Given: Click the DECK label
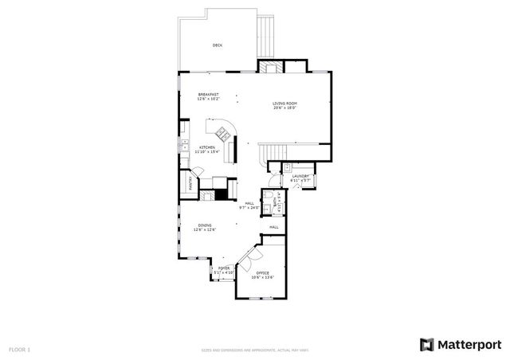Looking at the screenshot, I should [x=218, y=45].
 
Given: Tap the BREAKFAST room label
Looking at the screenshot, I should [x=209, y=95].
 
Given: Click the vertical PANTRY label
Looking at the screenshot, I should [x=191, y=183].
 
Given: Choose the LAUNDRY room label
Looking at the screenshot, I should [x=300, y=176].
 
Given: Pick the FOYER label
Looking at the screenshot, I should [x=224, y=268].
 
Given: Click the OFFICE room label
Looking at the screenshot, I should [x=262, y=273].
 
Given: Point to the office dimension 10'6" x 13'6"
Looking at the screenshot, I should [x=262, y=278].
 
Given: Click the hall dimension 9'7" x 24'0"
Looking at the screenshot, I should [x=249, y=208].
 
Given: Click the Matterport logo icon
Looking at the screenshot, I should [x=427, y=344].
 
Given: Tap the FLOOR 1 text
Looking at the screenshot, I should [x=20, y=349].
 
